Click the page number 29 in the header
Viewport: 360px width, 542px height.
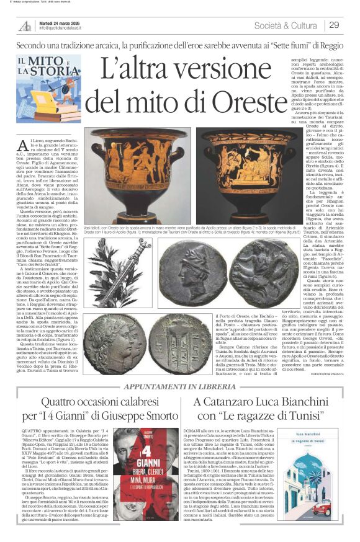(x=334, y=25)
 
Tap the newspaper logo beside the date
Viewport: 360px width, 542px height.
(x=25, y=26)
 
